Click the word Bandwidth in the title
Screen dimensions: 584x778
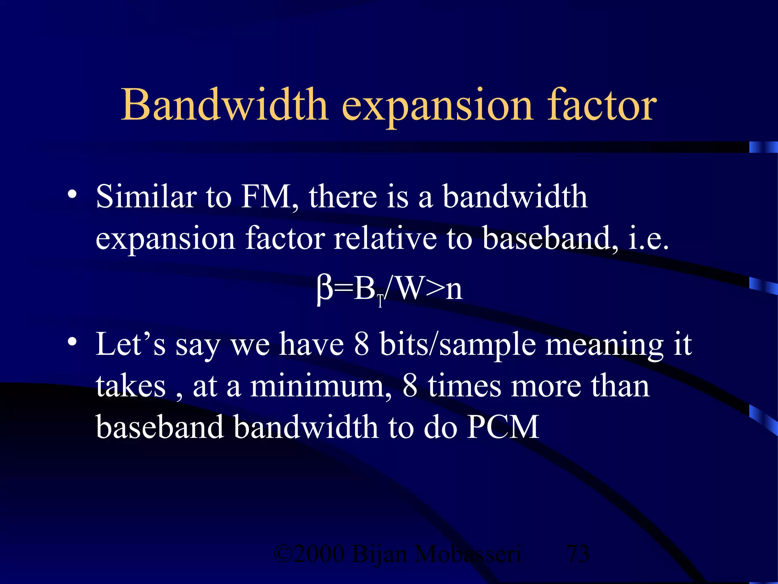point(224,105)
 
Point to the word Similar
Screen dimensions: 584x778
point(146,197)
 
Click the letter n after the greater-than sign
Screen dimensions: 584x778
point(454,290)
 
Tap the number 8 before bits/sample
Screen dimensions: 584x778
point(361,344)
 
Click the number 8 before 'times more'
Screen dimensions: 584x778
point(410,386)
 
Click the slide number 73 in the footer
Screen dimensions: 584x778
point(578,554)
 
